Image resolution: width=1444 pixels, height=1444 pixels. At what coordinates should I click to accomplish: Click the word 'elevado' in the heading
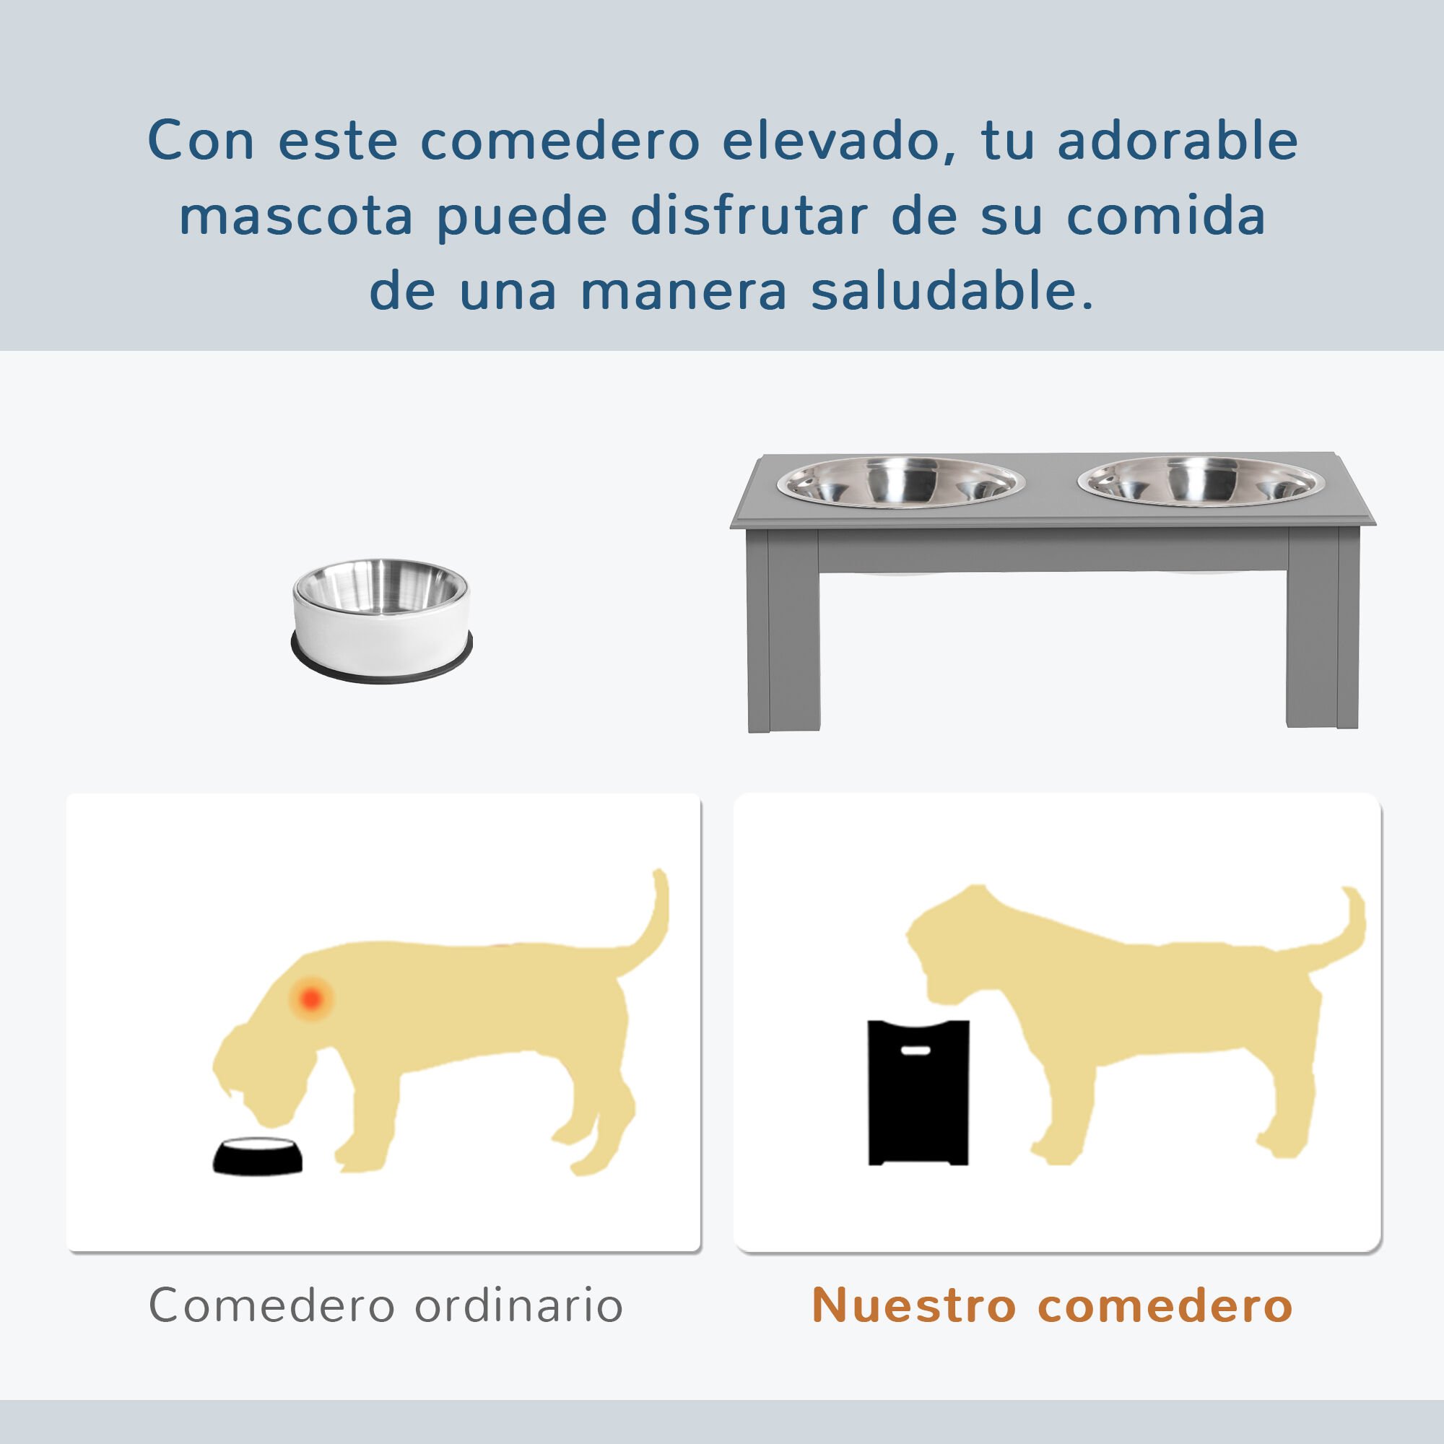pyautogui.click(x=830, y=141)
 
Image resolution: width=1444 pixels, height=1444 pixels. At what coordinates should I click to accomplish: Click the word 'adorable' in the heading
pyautogui.click(x=1177, y=141)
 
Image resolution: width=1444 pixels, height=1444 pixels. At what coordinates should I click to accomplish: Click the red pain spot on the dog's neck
pyautogui.click(x=311, y=997)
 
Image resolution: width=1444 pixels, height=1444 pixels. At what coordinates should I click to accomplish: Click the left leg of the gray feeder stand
pyautogui.click(x=782, y=635)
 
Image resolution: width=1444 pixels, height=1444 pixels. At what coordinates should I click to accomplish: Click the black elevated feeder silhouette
pyautogui.click(x=918, y=1106)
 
